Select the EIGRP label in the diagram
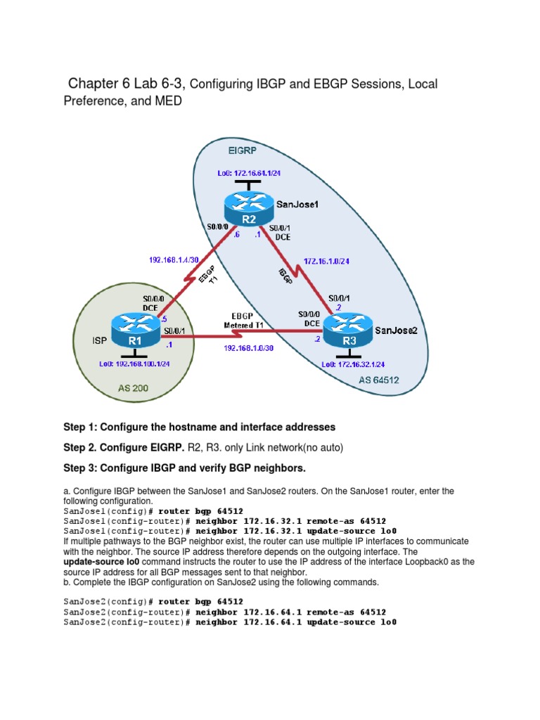click(x=243, y=150)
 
